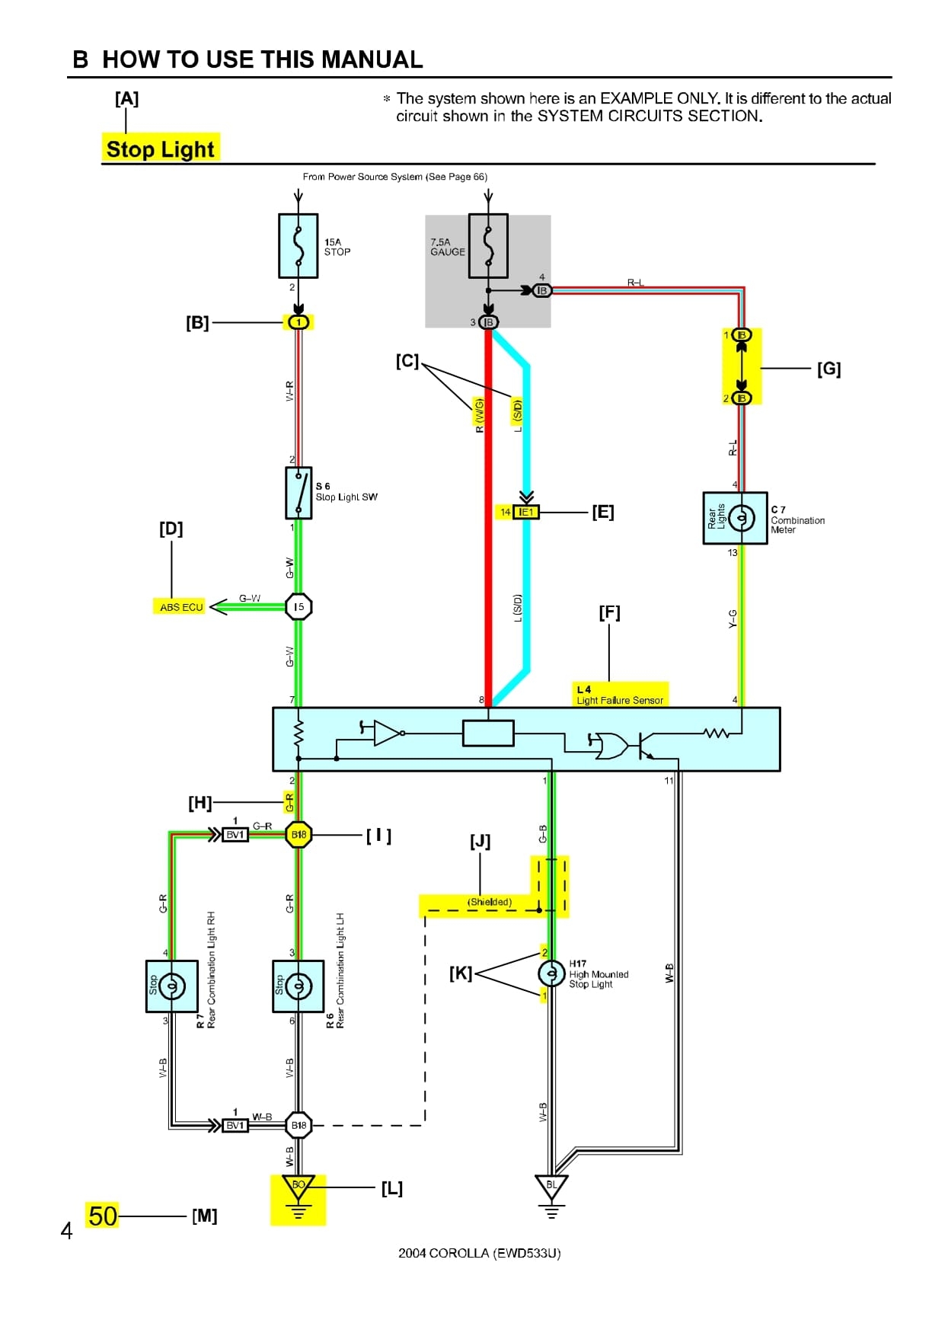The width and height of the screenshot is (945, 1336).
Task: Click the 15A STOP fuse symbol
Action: [x=299, y=245]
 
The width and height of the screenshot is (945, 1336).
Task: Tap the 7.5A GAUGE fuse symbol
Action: [x=488, y=245]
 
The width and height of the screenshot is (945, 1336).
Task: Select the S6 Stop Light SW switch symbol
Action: [x=299, y=493]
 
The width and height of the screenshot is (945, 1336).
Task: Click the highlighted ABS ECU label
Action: [x=181, y=607]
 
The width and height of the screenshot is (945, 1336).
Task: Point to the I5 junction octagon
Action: [x=299, y=607]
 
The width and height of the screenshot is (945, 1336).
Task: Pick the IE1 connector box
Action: [x=526, y=513]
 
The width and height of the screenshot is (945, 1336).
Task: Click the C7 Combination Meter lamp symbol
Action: [x=741, y=518]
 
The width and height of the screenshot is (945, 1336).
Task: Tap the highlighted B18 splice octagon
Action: [x=299, y=835]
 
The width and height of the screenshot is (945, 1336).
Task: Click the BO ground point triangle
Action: [x=299, y=1186]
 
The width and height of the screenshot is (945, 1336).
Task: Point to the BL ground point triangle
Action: [x=551, y=1186]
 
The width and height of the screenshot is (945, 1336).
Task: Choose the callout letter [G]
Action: [x=828, y=369]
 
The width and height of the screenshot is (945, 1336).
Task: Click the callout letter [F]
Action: [x=609, y=612]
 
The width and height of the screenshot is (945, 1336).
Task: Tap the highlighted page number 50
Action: [x=103, y=1216]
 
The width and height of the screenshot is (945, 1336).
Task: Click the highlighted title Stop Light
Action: [x=161, y=149]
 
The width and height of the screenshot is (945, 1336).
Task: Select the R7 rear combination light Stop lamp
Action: [x=172, y=986]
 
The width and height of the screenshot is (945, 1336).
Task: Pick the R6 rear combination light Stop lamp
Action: [x=299, y=986]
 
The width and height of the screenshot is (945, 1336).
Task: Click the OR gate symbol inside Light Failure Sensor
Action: [x=610, y=746]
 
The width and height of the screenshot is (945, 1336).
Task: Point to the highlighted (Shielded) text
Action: [x=490, y=903]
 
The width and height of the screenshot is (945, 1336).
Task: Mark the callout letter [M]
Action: [x=204, y=1216]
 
